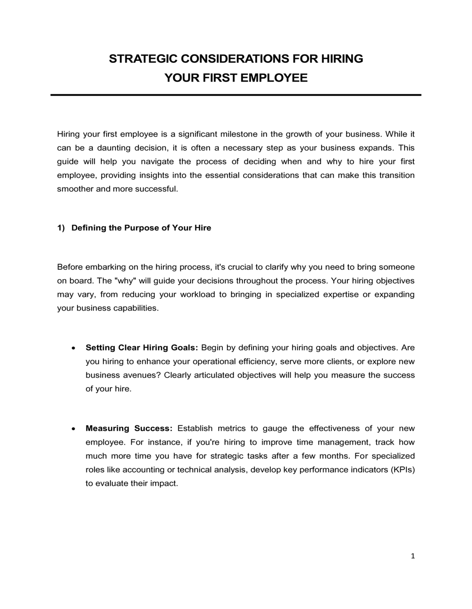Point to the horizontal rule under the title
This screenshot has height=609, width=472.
tap(236, 95)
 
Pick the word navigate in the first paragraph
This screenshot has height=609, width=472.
tap(159, 161)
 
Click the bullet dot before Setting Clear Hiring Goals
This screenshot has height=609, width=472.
tap(73, 348)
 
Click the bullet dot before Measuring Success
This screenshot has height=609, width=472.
tap(73, 429)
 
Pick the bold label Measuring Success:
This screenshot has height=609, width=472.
tap(129, 429)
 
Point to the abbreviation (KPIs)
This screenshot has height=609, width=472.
tap(403, 470)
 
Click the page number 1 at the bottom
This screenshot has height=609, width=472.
tap(413, 556)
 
